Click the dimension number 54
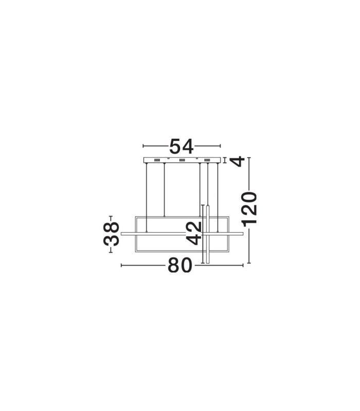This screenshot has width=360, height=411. [x=182, y=146]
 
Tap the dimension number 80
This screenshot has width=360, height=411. [x=180, y=265]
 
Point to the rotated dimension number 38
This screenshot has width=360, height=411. [x=111, y=234]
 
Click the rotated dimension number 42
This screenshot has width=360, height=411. [x=194, y=234]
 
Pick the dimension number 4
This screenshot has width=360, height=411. [x=237, y=161]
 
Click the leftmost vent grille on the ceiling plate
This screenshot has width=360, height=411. [x=157, y=160]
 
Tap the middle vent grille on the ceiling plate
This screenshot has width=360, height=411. [x=182, y=160]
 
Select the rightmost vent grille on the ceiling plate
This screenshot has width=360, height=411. [x=207, y=160]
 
